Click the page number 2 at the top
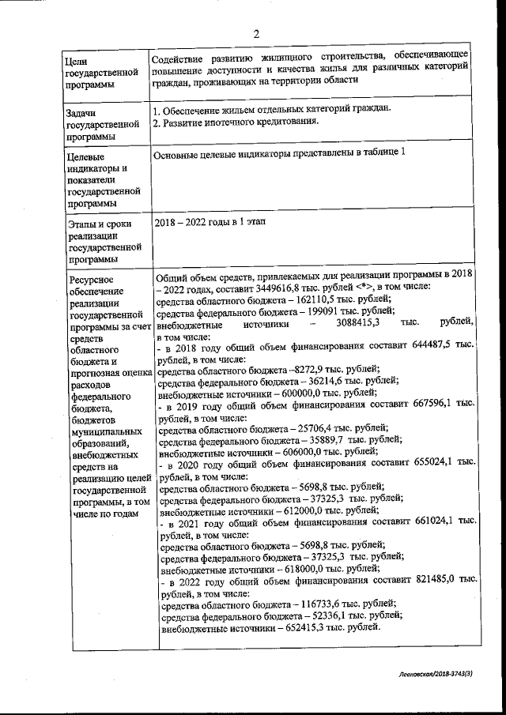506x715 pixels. [x=256, y=33]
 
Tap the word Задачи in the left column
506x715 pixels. [x=84, y=112]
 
